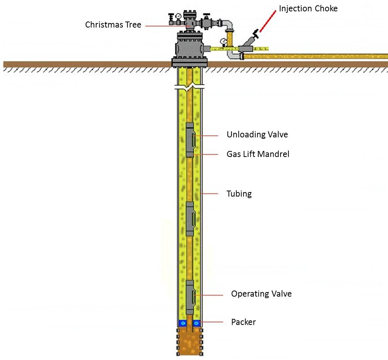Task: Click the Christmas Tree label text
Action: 113,25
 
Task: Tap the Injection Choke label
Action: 308,8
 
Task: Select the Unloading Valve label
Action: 257,135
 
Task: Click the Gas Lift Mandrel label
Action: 258,154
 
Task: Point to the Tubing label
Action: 239,194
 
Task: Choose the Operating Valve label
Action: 261,294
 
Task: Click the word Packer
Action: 243,322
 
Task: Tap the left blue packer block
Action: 183,323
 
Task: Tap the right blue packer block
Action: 196,323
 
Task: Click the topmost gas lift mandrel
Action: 190,140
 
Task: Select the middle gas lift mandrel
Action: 190,219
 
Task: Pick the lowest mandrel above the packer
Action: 190,297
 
